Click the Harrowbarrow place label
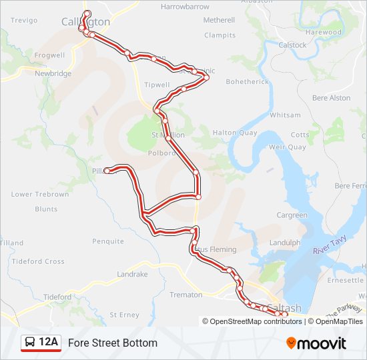tap(185, 7)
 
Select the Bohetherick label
tap(247, 81)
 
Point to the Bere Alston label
tap(331, 98)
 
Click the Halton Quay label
tap(235, 133)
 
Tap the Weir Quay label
tap(287, 147)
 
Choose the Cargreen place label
tap(292, 215)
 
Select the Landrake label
tap(132, 274)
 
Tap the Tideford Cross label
tap(38, 261)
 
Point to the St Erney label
tap(124, 314)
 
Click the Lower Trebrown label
tap(40, 194)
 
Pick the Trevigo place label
tap(24, 21)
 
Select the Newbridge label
tap(53, 73)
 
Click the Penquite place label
tap(108, 241)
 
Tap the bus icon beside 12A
tap(30, 343)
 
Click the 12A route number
tap(49, 343)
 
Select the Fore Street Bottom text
tap(113, 343)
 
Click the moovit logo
tap(316, 343)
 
